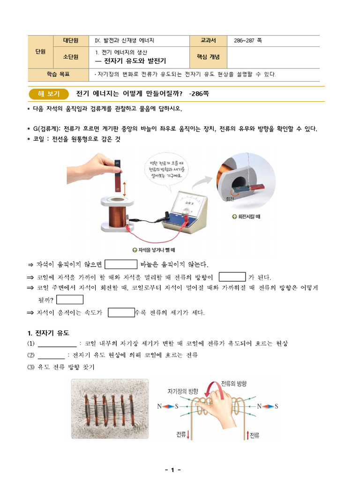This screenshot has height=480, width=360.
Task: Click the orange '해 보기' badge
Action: (49, 94)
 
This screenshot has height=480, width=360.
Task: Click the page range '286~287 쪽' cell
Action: (247, 40)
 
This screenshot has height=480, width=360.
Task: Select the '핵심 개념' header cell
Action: (208, 57)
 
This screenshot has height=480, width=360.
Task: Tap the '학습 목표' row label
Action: (58, 75)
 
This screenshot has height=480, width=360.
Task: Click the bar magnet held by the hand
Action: (118, 175)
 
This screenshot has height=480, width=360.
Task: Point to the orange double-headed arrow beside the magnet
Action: (125, 189)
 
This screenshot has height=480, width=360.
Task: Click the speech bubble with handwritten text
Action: (166, 170)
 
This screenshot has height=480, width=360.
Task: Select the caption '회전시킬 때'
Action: (246, 217)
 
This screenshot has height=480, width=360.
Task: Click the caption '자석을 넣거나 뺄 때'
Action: (154, 250)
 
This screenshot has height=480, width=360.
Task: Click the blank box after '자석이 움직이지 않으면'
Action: (121, 264)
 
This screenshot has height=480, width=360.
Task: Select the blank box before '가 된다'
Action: (232, 277)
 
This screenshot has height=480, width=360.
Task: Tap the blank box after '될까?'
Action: (70, 300)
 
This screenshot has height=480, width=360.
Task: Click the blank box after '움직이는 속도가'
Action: (121, 313)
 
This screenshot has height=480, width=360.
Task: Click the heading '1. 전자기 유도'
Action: (48, 333)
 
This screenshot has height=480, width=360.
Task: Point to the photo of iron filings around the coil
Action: (110, 409)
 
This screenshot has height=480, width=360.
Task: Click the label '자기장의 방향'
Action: (183, 391)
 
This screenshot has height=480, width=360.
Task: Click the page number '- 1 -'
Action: (173, 470)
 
